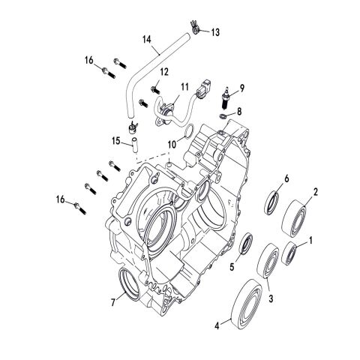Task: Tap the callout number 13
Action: tap(215, 31)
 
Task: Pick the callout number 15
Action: tap(117, 140)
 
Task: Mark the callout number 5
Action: tap(232, 265)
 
